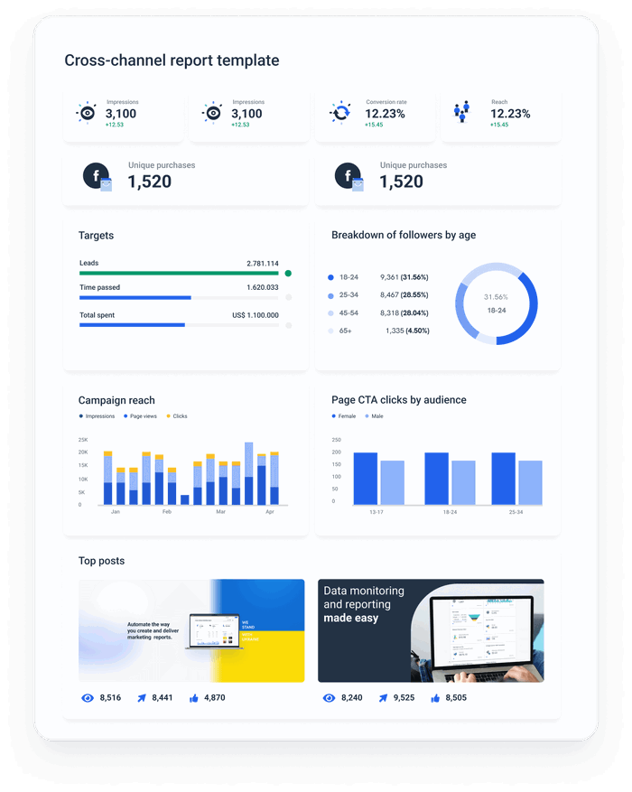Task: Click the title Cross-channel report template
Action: [x=172, y=61]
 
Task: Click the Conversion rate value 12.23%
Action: [x=385, y=114]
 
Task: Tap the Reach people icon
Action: [x=463, y=112]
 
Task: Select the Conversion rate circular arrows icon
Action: [x=340, y=113]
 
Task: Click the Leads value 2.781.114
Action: [x=262, y=264]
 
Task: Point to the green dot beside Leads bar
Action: [x=288, y=273]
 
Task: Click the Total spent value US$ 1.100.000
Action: [x=256, y=315]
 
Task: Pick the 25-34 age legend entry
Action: [x=348, y=295]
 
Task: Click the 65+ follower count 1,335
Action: [x=395, y=331]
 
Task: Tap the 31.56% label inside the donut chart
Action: [x=496, y=296]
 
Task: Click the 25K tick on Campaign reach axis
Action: [x=83, y=439]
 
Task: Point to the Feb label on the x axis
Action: [x=167, y=512]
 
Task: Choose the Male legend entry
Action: [x=374, y=416]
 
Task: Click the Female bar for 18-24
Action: [x=436, y=479]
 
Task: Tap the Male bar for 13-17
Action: [x=393, y=482]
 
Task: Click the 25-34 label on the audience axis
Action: [x=516, y=512]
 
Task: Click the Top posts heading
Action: [x=101, y=561]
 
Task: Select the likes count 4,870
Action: [x=214, y=698]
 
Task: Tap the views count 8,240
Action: [x=351, y=698]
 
